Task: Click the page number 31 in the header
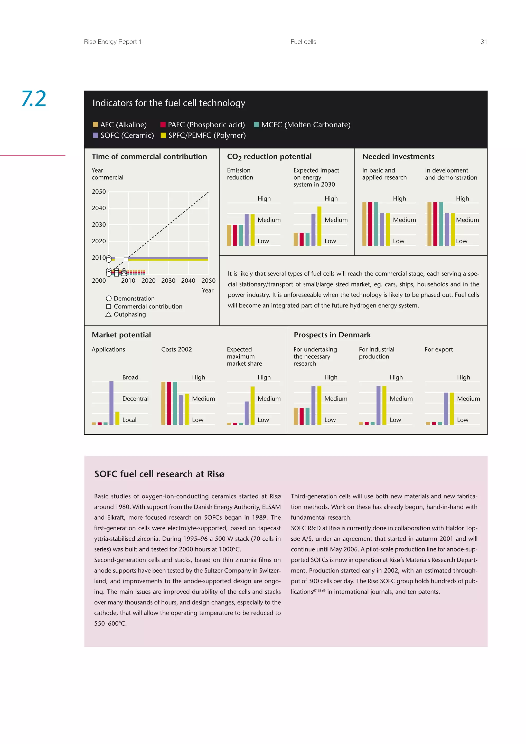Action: click(x=483, y=42)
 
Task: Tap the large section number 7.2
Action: click(x=34, y=99)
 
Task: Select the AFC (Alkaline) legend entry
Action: click(x=120, y=125)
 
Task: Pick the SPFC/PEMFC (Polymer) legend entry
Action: click(x=203, y=136)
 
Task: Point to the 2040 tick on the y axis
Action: click(x=99, y=208)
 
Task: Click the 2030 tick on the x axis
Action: click(x=168, y=281)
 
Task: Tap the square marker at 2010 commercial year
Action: click(x=126, y=259)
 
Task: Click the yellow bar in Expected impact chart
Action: click(x=319, y=226)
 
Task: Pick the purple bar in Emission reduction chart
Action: click(x=247, y=230)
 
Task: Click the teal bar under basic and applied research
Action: click(x=376, y=224)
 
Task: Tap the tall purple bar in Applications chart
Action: click(x=111, y=403)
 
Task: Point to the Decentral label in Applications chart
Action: click(x=135, y=398)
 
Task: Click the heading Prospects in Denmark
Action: click(x=332, y=335)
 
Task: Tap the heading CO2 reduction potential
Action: click(x=269, y=157)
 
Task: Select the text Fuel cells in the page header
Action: click(x=303, y=42)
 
